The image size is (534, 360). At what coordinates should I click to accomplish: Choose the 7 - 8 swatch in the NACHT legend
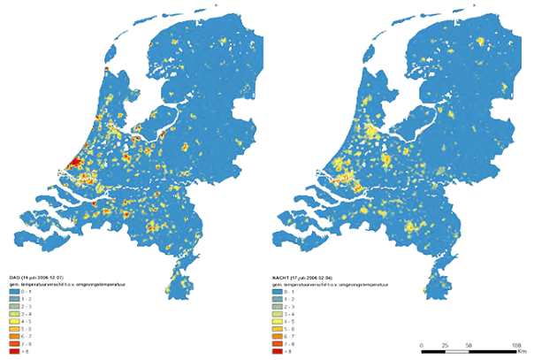click(x=279, y=344)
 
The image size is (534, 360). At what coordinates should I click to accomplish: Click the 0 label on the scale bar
click(x=422, y=344)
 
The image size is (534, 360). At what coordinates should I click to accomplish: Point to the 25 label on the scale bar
click(x=446, y=344)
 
